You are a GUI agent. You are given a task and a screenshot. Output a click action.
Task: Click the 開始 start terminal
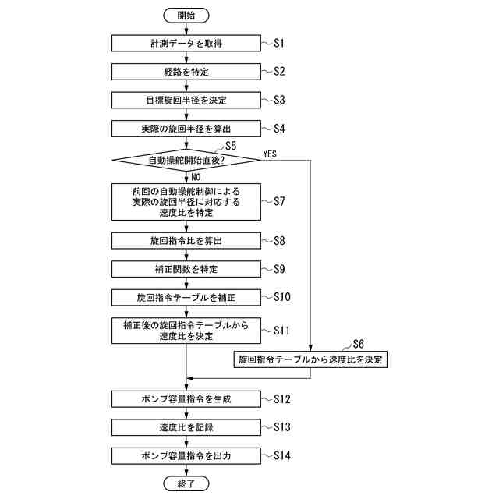click(186, 16)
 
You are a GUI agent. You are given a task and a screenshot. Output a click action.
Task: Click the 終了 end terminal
click(186, 484)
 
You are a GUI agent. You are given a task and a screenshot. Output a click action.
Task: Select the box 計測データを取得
click(186, 44)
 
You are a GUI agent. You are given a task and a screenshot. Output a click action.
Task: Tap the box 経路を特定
click(186, 72)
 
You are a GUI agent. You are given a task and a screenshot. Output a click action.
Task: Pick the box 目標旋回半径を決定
click(186, 101)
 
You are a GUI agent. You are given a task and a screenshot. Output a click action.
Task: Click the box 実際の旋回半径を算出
click(186, 129)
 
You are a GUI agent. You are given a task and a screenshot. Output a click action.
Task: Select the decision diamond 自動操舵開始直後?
click(186, 161)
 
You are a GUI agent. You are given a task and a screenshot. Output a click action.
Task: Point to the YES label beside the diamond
click(271, 154)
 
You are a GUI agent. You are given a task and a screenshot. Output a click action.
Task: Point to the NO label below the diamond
click(196, 177)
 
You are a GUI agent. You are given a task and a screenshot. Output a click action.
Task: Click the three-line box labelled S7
click(186, 202)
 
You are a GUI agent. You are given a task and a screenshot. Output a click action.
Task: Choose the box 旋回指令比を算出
click(186, 241)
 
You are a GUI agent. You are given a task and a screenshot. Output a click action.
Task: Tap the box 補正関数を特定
click(186, 269)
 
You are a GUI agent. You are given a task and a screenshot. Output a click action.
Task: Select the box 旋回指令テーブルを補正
click(186, 298)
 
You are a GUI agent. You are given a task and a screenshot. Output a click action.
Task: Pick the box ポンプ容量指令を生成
click(186, 399)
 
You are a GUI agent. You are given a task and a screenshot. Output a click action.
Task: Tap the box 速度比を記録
click(186, 427)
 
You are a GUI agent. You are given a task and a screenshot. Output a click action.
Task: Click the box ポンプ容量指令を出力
click(186, 455)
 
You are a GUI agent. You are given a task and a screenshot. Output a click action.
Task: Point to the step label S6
click(359, 344)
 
